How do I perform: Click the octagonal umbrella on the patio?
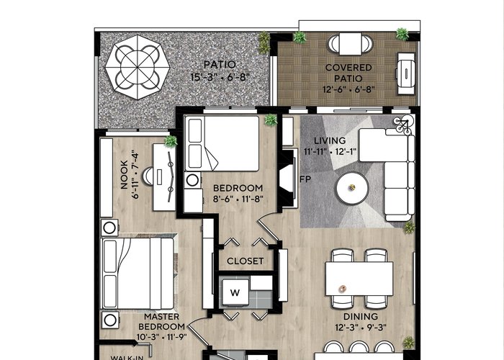tap(138, 67)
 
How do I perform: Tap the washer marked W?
tap(235, 292)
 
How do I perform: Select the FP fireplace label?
tap(305, 179)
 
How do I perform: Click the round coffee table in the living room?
tap(351, 188)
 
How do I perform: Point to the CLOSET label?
tap(246, 261)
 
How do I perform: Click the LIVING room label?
tap(330, 140)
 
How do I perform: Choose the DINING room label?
tap(360, 317)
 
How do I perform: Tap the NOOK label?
tap(124, 174)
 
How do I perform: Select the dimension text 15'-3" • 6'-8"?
tap(220, 78)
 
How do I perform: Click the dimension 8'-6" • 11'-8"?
tap(238, 199)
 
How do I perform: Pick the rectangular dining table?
tap(359, 279)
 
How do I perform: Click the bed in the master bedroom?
tap(138, 274)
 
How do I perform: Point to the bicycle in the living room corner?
tap(403, 124)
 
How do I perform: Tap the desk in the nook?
tap(164, 177)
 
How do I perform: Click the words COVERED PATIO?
tap(348, 73)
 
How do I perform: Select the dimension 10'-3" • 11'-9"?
tap(162, 337)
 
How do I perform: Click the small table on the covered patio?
tap(351, 44)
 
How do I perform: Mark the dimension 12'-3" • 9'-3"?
tap(360, 328)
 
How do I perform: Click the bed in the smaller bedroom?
tap(222, 143)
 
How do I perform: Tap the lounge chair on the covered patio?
tap(406, 73)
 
